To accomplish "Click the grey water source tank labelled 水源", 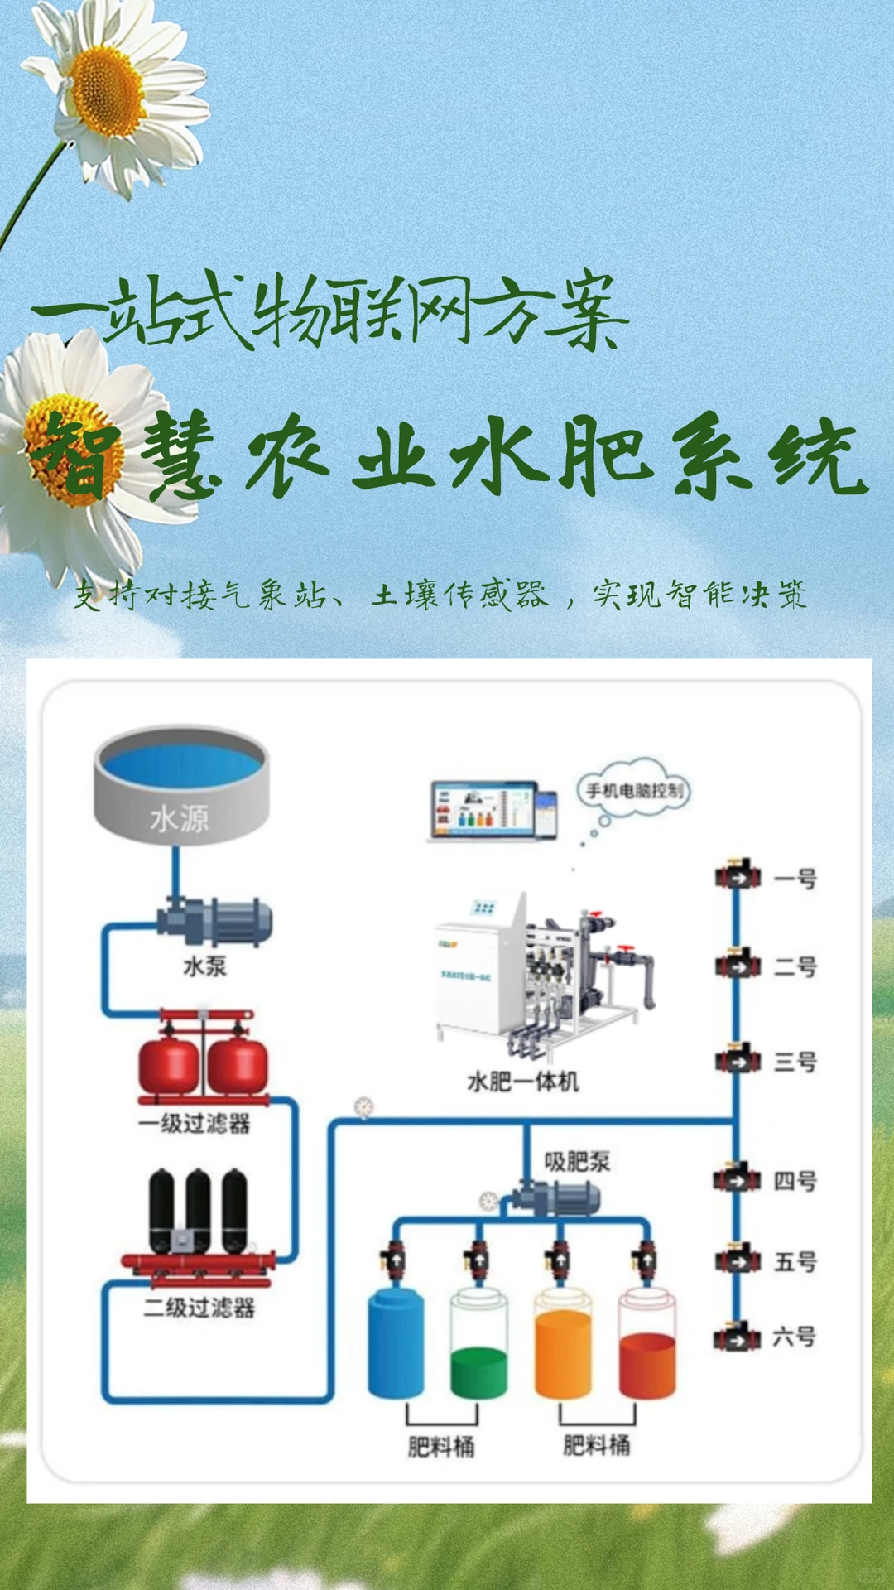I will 180,787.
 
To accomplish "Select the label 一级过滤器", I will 195,1124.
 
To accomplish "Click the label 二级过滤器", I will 199,1308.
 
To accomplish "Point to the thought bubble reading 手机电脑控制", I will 634,790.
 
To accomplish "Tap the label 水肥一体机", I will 522,1082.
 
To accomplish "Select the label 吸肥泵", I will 577,1161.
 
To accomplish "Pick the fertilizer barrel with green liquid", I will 478,1346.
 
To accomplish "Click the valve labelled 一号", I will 737,875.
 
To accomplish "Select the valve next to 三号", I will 737,1059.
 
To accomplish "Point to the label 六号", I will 794,1337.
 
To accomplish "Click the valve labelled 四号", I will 737,1179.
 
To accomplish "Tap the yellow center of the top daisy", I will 108,91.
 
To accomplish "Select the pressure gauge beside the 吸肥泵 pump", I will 488,1200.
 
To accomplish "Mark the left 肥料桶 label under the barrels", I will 441,1447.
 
